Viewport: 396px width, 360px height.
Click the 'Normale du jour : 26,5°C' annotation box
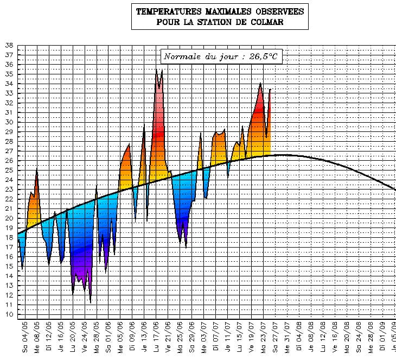coord(222,56)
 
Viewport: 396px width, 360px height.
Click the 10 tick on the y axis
coord(9,314)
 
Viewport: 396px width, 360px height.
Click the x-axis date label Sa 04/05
coord(25,339)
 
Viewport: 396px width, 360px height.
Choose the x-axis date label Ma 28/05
coord(97,339)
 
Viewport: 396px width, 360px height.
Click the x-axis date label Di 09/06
coord(132,339)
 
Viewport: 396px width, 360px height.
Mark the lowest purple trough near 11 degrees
coord(90,301)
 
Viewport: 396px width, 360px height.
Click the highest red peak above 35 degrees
coord(156,70)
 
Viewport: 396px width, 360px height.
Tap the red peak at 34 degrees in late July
coord(261,84)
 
